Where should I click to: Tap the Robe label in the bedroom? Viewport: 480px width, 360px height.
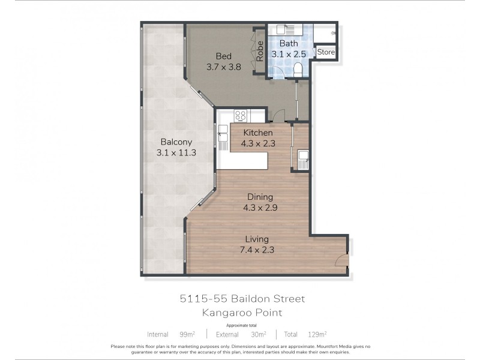point(260,51)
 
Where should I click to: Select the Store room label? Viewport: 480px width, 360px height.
point(326,52)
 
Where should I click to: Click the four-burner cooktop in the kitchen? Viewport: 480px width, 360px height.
point(241,115)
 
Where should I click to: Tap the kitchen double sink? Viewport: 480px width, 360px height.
point(223,136)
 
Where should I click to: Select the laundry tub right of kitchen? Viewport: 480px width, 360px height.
point(302,159)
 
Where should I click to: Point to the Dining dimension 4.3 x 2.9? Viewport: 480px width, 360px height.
point(259,208)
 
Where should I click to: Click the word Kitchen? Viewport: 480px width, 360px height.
point(258,133)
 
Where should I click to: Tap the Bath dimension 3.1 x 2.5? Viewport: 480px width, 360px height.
point(289,54)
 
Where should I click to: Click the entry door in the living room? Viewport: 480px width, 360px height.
point(340,259)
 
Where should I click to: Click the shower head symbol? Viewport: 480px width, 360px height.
point(332,30)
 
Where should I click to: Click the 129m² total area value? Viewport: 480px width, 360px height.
point(317,334)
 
